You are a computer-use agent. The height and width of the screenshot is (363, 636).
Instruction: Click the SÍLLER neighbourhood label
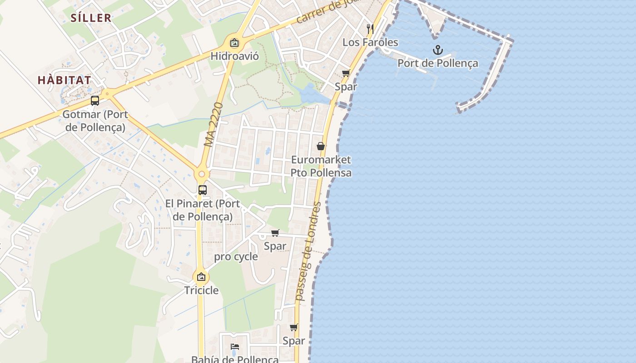tap(91, 18)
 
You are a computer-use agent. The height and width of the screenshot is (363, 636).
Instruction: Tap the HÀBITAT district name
tap(64, 80)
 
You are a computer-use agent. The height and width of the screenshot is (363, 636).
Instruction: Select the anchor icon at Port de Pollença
tap(437, 50)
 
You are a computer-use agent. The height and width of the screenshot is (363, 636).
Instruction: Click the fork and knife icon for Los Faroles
tap(370, 29)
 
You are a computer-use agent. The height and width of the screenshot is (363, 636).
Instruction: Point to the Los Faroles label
tap(370, 43)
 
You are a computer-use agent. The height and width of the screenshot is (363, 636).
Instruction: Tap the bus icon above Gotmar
tap(95, 101)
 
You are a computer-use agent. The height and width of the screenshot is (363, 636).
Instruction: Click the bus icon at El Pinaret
tap(203, 190)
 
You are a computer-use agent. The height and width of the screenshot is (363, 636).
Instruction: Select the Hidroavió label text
tap(234, 56)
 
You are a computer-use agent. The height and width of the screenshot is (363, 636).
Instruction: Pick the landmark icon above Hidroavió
tap(234, 43)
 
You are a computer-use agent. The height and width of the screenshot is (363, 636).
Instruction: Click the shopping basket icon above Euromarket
tap(321, 146)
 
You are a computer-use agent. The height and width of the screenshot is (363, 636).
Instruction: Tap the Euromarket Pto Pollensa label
tap(321, 166)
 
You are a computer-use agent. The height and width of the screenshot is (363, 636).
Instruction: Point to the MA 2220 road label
tap(214, 124)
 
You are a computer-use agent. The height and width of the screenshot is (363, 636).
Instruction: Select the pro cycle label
tap(236, 257)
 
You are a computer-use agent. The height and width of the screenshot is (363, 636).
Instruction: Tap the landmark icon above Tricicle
tap(201, 276)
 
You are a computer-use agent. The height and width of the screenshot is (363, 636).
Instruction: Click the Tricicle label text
tap(201, 290)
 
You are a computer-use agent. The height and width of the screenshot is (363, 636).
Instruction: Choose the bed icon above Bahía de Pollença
tap(235, 347)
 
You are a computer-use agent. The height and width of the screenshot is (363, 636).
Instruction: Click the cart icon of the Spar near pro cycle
tap(275, 233)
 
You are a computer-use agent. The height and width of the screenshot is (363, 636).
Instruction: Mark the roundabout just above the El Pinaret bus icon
tap(202, 174)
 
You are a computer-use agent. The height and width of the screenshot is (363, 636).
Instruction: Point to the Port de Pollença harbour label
tap(437, 64)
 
